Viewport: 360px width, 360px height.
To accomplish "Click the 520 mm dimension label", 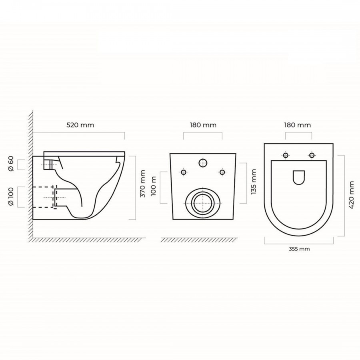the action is coord(80,125).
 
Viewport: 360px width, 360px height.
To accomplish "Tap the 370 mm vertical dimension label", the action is coord(142,184).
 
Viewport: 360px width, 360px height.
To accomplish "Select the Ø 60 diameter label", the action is coord(11,164).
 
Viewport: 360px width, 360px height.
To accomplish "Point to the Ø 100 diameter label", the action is coord(11,196).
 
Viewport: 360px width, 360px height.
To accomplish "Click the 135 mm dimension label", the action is coord(254,182).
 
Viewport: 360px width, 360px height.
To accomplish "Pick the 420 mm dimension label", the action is coord(351,195).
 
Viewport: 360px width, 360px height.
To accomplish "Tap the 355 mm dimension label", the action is coord(299,249).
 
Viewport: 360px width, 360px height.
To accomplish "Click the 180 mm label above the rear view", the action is coord(203,125).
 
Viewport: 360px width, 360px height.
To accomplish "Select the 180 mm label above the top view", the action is coord(298,125).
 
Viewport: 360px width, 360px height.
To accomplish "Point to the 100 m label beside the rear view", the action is coord(153,186).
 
